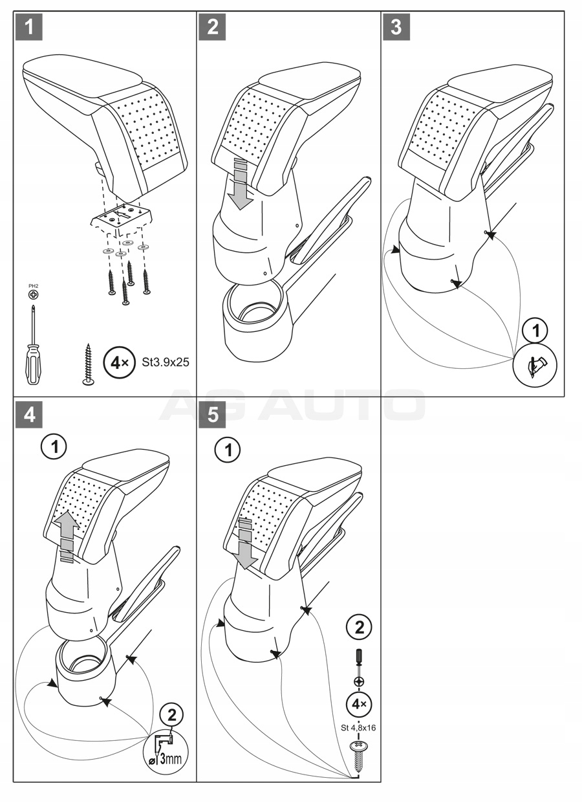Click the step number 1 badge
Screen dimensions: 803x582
(30, 27)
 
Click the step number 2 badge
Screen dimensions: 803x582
(213, 27)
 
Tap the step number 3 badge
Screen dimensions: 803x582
(396, 27)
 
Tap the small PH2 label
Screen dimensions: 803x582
(32, 285)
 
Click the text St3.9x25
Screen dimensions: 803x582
(166, 362)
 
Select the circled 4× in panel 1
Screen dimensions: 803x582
(118, 362)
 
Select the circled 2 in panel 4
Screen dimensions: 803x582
(171, 715)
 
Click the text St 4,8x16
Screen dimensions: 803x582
(358, 727)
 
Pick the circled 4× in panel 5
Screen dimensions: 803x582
(359, 704)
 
